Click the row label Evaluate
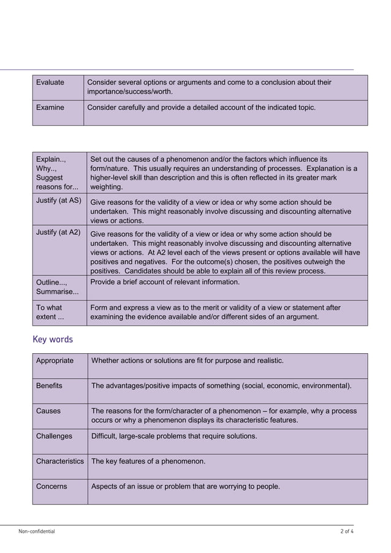50,82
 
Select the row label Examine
50,107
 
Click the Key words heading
52,339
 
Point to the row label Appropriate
55,360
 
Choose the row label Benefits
49,386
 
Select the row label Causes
48,411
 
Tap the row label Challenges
54,436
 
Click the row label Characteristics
59,461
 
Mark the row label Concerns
51,486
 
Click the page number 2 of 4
346,531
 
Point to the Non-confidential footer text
36,531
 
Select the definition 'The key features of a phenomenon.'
148,461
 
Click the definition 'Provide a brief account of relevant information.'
165,282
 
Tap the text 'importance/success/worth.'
130,92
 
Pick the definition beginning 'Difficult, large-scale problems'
174,436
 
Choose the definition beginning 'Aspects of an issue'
185,486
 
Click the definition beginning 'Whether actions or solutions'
187,360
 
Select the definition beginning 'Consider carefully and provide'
202,107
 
